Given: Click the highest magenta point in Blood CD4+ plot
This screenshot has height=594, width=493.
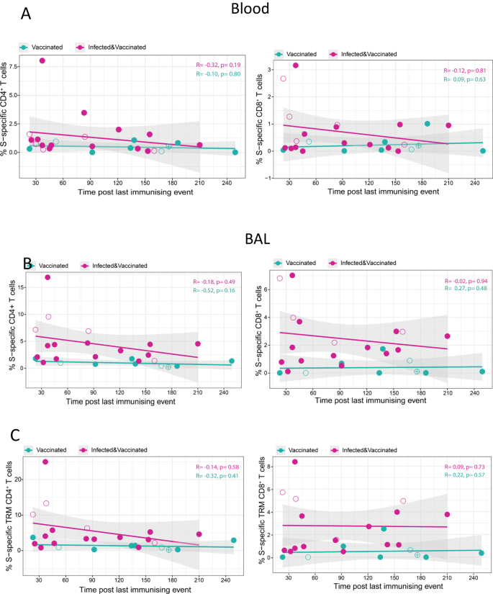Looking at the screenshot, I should click(42, 61).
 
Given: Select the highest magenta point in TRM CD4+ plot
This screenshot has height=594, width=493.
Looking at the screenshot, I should click(45, 462).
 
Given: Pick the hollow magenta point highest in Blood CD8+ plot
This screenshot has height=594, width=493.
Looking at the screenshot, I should click(284, 78).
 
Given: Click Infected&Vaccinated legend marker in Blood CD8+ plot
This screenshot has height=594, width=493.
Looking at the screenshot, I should click(334, 54).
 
